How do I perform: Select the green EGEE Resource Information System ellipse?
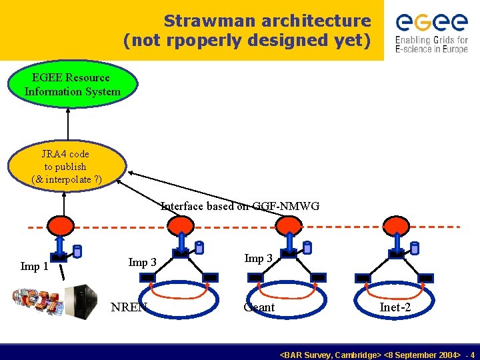pos(73,85)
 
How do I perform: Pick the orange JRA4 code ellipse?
pos(66,167)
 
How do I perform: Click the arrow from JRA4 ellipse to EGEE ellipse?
pos(67,127)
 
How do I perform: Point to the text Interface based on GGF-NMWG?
pos(240,207)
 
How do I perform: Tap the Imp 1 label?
pos(34,267)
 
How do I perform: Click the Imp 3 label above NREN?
pos(142,262)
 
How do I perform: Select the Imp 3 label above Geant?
pos(258,259)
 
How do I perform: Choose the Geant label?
pos(259,307)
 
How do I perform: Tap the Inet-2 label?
pos(395,307)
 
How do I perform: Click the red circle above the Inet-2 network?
pos(397,225)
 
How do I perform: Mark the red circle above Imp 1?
pos(59,225)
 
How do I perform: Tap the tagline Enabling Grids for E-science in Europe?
pos(431,45)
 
